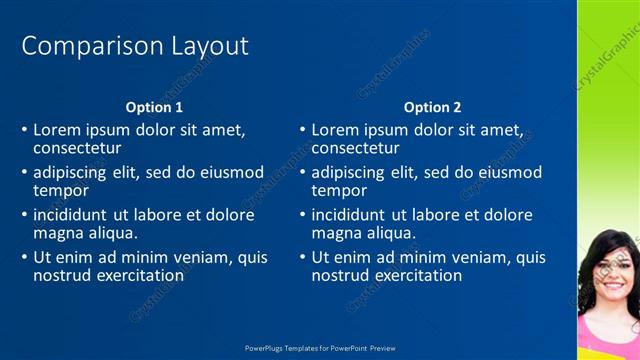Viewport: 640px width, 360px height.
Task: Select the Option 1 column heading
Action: click(154, 107)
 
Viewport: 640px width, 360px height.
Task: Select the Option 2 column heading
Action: click(432, 107)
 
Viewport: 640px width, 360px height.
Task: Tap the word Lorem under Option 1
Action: click(57, 130)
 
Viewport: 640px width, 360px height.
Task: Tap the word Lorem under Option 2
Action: click(335, 130)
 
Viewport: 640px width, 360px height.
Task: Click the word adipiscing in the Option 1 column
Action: click(73, 173)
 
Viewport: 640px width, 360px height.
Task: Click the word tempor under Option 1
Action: click(61, 190)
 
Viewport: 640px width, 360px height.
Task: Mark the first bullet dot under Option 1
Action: click(25, 131)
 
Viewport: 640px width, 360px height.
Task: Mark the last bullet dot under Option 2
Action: click(303, 258)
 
